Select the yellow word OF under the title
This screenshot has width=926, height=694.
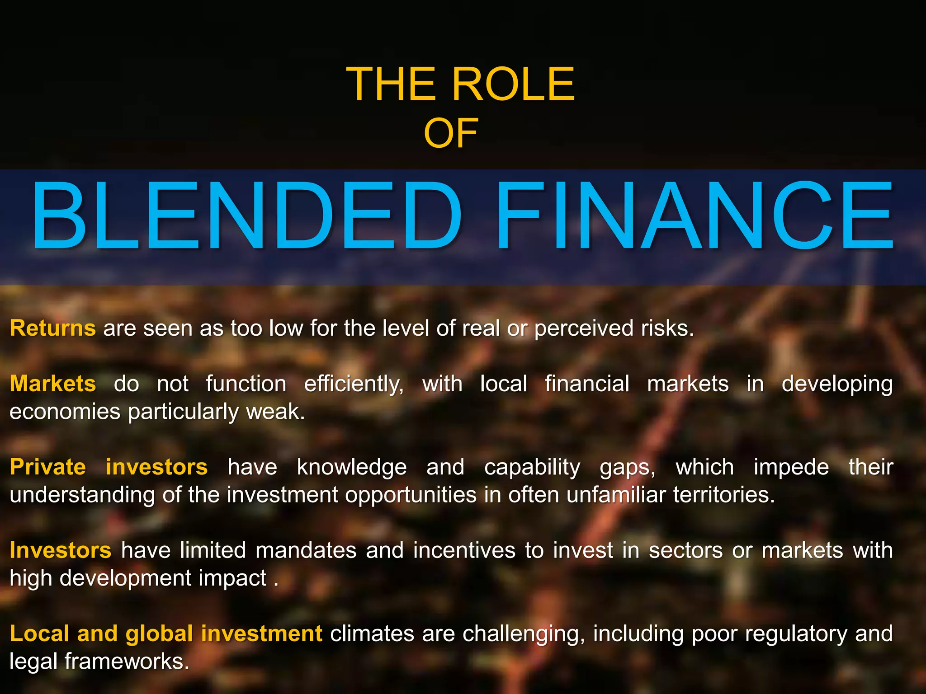[451, 133]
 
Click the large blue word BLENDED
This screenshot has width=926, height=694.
[247, 216]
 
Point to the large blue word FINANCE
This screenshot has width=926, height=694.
[694, 216]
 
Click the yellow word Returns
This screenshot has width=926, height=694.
[53, 328]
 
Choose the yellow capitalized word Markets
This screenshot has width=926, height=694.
[53, 384]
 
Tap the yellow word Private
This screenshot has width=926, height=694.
[48, 467]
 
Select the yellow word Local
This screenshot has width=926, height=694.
[38, 633]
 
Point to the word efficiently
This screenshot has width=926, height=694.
[354, 385]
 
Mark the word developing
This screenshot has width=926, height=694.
[837, 385]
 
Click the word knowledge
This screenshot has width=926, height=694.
[352, 467]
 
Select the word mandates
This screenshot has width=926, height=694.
[306, 550]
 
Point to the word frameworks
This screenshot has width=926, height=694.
[127, 661]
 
